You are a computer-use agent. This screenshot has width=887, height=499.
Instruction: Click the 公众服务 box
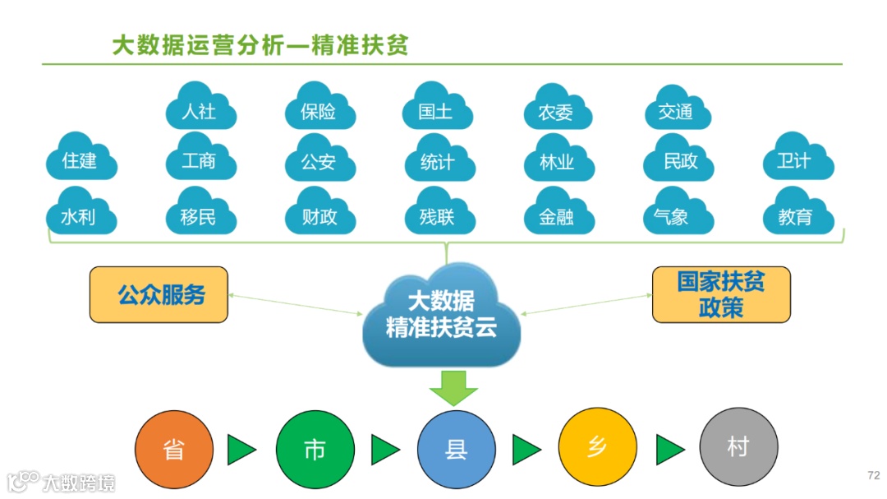(159, 294)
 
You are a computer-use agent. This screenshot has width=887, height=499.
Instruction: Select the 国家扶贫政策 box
(720, 294)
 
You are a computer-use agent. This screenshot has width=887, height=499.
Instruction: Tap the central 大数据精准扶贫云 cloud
(441, 316)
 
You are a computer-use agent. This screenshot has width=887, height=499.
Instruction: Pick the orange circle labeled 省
(174, 449)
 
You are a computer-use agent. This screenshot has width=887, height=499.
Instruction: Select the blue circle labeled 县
(456, 449)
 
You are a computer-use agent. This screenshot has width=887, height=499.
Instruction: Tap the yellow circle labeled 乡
(597, 449)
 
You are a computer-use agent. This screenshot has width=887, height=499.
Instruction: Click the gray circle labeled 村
(738, 449)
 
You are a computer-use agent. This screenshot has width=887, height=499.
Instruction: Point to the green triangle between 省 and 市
(241, 450)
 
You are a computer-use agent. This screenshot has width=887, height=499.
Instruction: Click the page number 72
(873, 476)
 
